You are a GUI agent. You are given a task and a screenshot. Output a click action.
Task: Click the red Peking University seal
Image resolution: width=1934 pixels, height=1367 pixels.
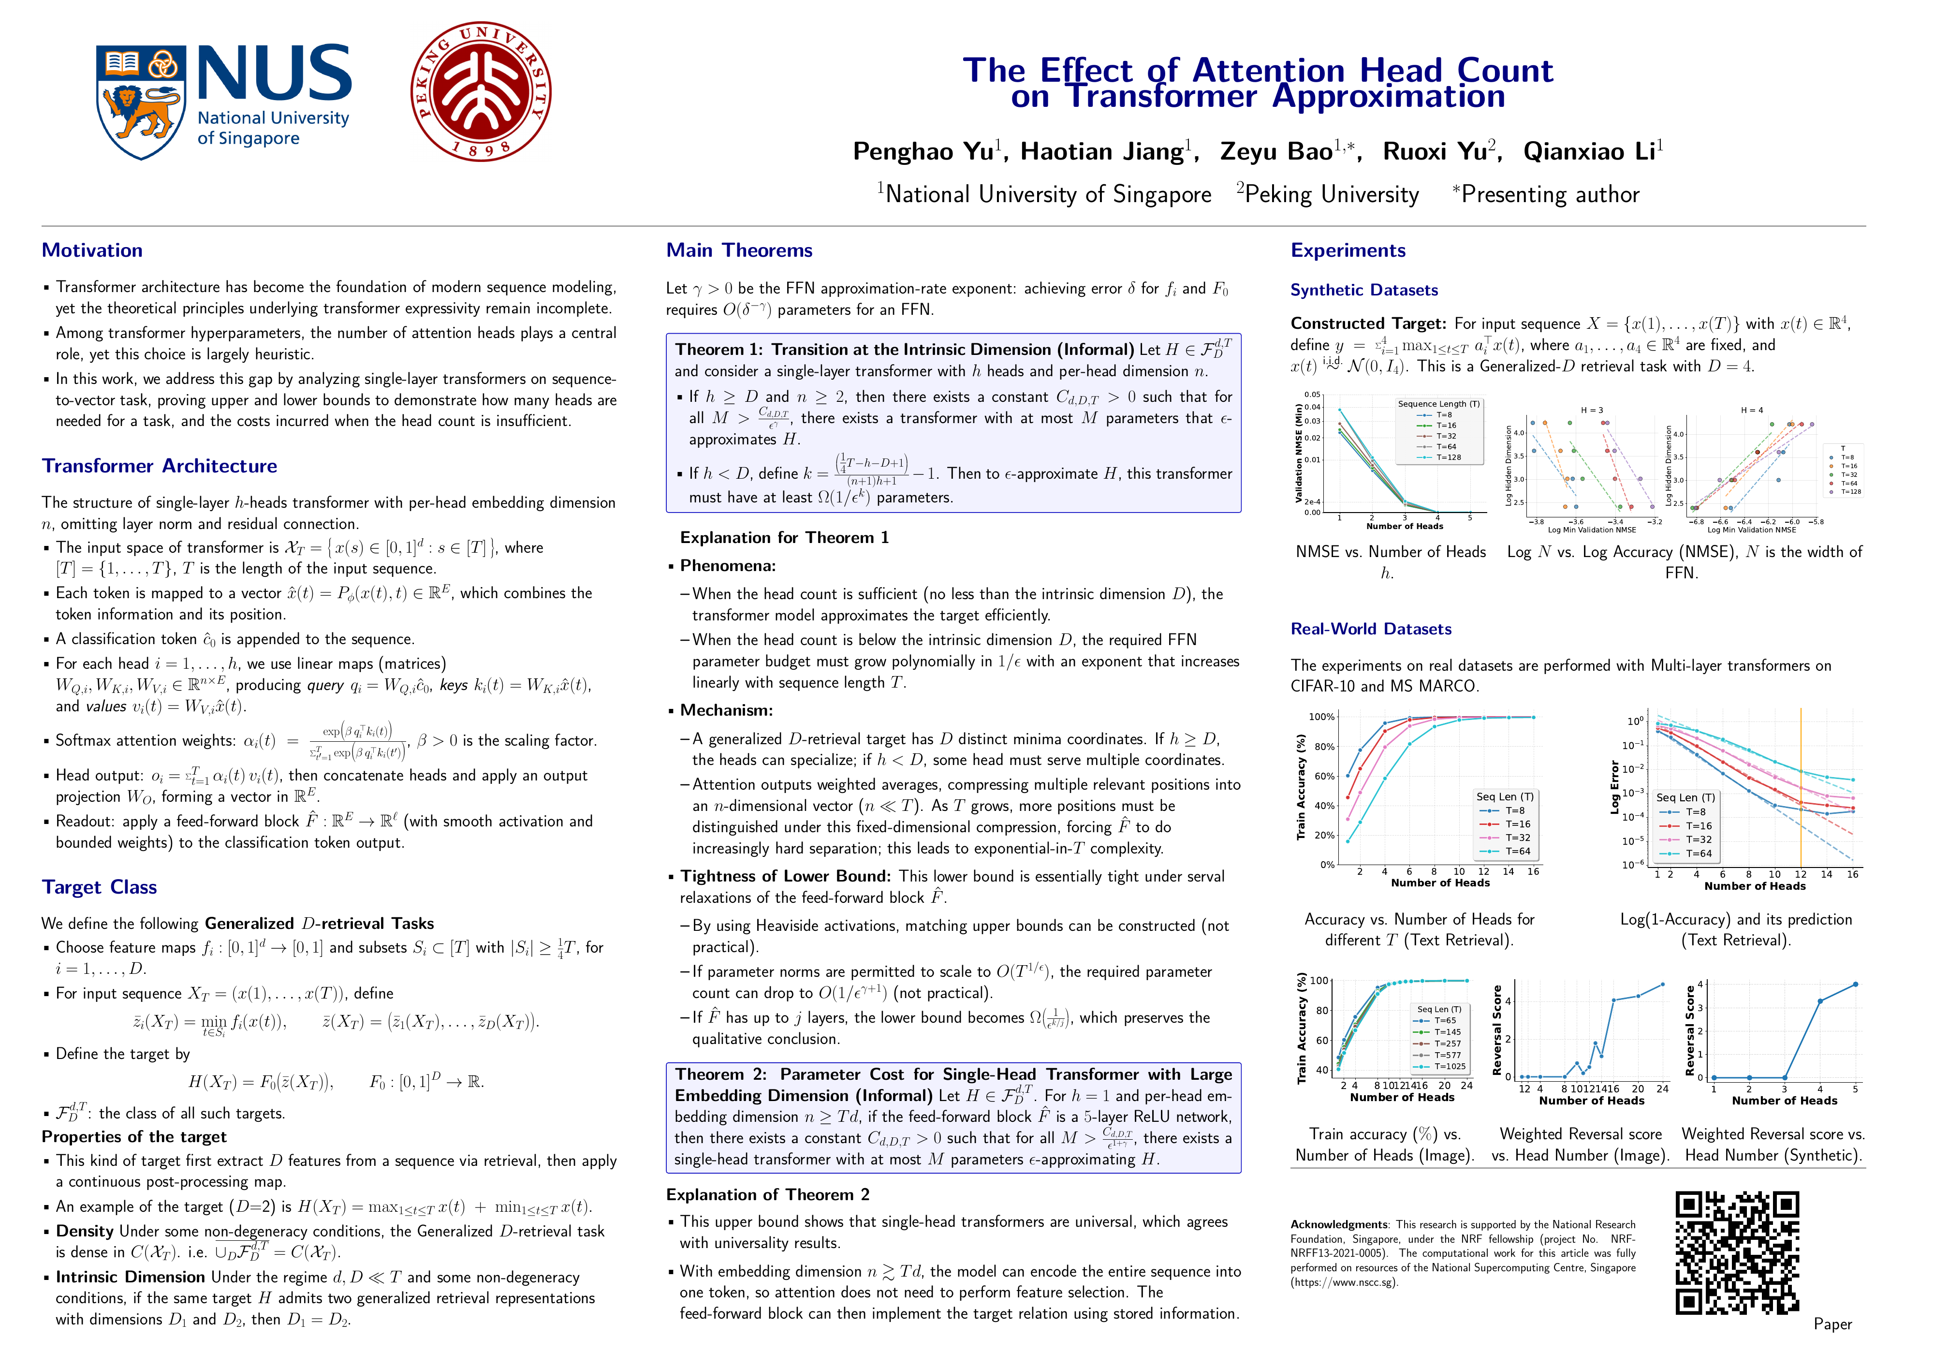point(481,91)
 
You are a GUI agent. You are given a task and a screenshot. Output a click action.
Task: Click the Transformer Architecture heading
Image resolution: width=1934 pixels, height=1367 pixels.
point(159,466)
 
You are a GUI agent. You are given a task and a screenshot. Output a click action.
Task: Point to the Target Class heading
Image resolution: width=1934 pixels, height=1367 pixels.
point(100,887)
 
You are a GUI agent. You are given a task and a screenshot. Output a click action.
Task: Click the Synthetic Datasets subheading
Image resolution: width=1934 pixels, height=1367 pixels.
point(1364,290)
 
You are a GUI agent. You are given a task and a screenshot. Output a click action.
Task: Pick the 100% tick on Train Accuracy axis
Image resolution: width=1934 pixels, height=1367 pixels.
point(1321,717)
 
